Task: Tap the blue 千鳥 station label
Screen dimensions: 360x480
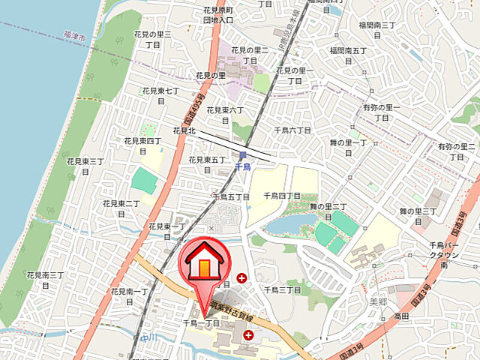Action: coord(242,167)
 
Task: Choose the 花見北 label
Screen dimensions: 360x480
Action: coord(184,130)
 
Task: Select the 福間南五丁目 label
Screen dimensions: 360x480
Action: coord(348,55)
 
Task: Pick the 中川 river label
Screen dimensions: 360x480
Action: coord(146,338)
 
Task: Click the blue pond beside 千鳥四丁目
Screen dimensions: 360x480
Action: coord(292,222)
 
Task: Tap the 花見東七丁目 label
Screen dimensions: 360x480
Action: coord(161,95)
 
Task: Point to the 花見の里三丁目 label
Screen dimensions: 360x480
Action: coord(153,40)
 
